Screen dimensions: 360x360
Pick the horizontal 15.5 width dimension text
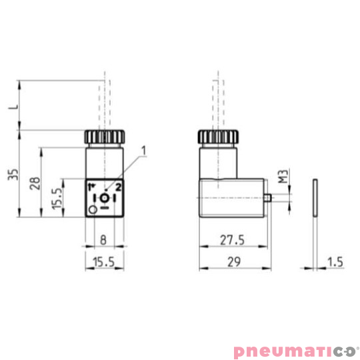click(103, 263)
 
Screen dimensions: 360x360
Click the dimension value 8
click(104, 237)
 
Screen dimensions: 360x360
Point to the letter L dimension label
click(12, 106)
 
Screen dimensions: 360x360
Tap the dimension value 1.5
click(335, 263)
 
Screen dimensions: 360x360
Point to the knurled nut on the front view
click(104, 137)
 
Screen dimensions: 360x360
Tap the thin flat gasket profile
click(314, 197)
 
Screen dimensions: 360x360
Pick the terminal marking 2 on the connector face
click(118, 187)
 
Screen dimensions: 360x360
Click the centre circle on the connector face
click(104, 199)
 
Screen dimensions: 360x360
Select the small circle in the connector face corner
click(92, 210)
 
